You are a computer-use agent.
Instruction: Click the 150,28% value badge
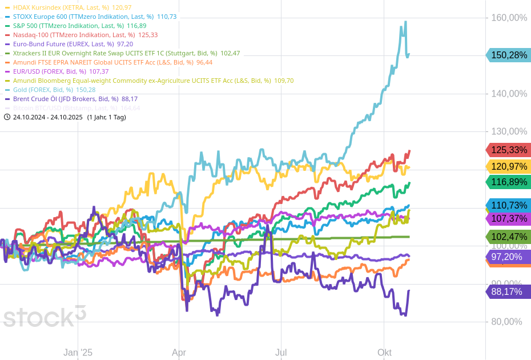pyautogui.click(x=509, y=55)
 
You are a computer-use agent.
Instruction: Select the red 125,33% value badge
pyautogui.click(x=509, y=150)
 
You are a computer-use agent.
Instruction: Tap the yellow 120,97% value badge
pyautogui.click(x=509, y=167)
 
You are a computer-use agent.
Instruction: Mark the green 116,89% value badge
pyautogui.click(x=509, y=182)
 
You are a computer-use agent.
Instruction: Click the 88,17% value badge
pyautogui.click(x=509, y=292)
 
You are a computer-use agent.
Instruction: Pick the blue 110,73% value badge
pyautogui.click(x=509, y=206)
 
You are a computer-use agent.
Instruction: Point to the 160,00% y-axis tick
pyautogui.click(x=509, y=18)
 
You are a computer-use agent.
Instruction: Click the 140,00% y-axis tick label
pyautogui.click(x=509, y=94)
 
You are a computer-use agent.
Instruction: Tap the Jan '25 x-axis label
pyautogui.click(x=78, y=353)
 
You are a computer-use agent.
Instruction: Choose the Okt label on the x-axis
pyautogui.click(x=384, y=353)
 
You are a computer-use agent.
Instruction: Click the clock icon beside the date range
pyautogui.click(x=7, y=117)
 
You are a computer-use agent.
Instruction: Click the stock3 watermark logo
pyautogui.click(x=45, y=316)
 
